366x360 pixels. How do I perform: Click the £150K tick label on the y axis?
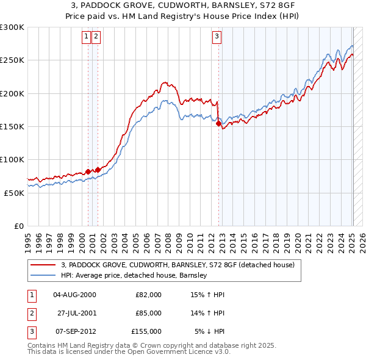(12, 127)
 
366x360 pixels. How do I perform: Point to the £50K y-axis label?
(14, 193)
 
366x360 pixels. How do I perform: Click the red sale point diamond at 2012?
(219, 124)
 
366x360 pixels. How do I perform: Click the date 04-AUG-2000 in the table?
(74, 295)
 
